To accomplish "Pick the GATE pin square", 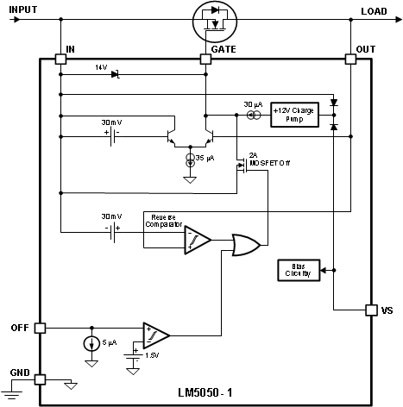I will tap(207, 59).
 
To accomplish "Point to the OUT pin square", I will tap(351, 59).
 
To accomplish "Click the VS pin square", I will tap(371, 310).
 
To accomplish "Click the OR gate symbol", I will tap(246, 244).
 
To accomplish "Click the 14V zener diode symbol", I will tap(116, 75).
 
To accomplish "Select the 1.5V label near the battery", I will tap(151, 354).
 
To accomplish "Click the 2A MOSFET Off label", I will tap(265, 159).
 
